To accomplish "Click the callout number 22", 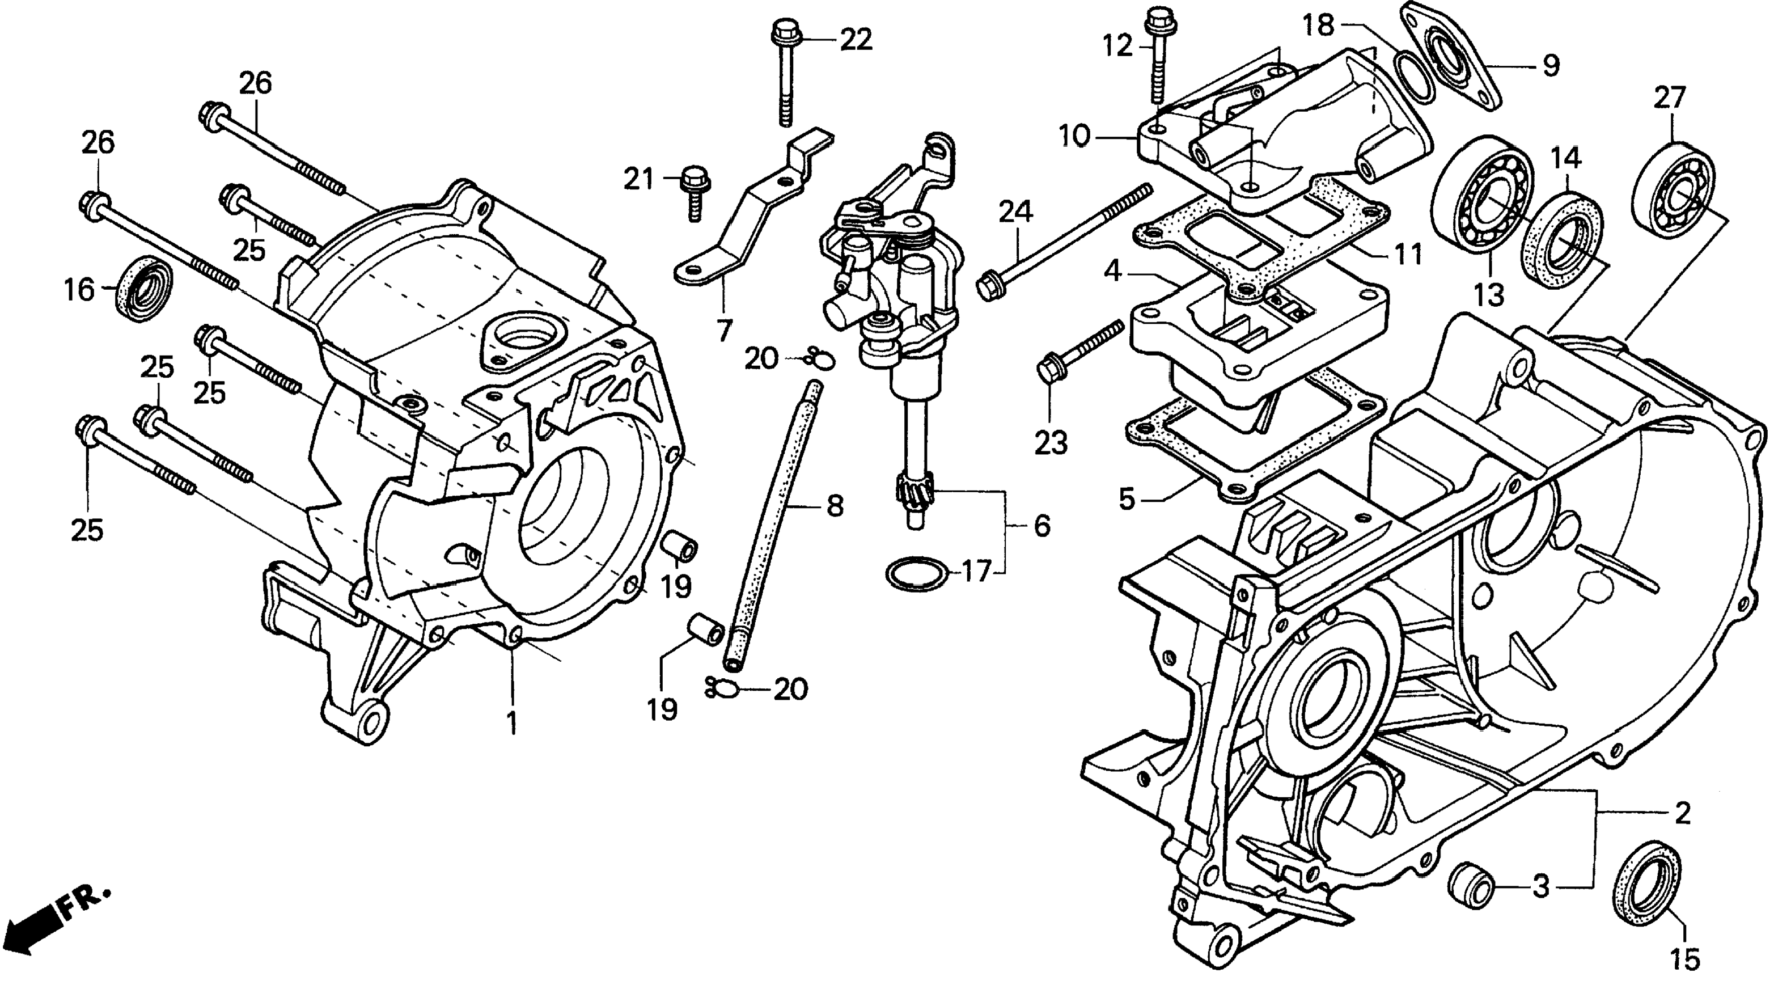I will click(856, 40).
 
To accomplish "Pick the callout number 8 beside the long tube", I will click(834, 507).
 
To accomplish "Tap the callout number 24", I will click(1016, 212).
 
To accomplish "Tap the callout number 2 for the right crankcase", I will click(1682, 814).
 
